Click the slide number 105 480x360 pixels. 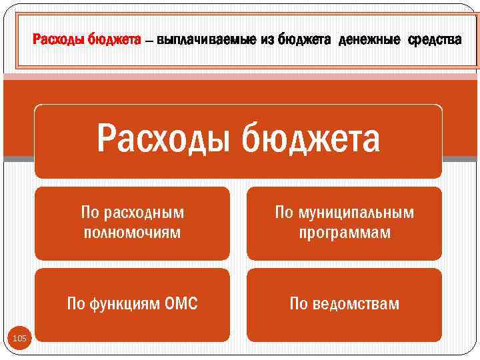(x=20, y=339)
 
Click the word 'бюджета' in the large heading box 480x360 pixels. (x=311, y=139)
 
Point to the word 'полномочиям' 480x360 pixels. (x=133, y=233)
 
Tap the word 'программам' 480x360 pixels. (x=345, y=233)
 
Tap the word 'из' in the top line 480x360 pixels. (x=268, y=41)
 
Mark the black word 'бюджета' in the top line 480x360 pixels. (x=304, y=41)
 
